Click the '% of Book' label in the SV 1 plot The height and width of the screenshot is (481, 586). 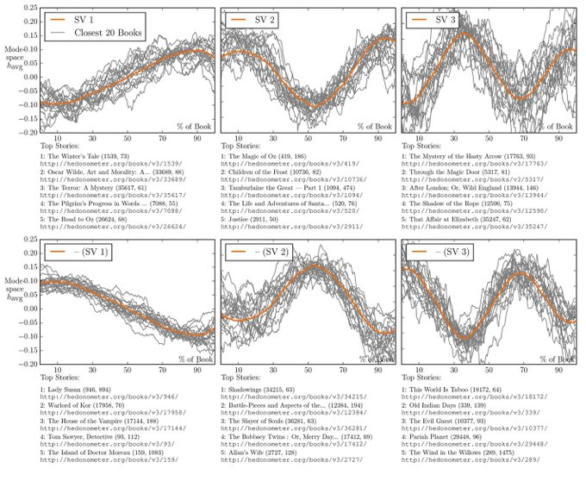point(189,126)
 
